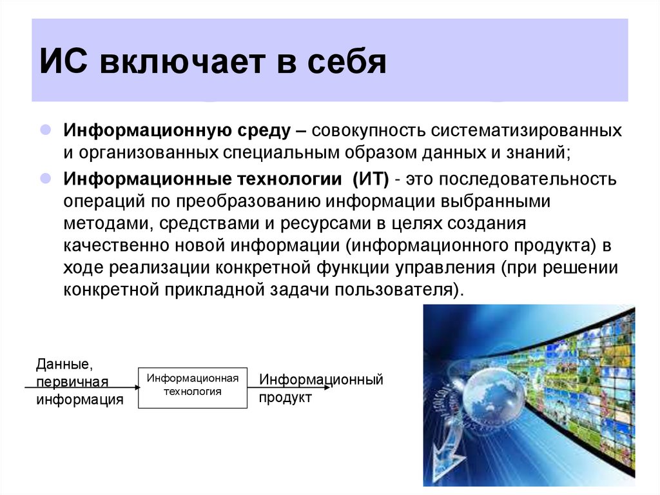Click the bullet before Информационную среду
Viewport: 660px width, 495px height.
(x=46, y=130)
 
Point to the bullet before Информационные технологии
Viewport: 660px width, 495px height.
(x=46, y=177)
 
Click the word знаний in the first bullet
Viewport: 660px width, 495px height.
(x=538, y=154)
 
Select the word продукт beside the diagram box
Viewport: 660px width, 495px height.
(x=285, y=398)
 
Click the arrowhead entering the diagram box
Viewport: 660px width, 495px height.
(x=135, y=387)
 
